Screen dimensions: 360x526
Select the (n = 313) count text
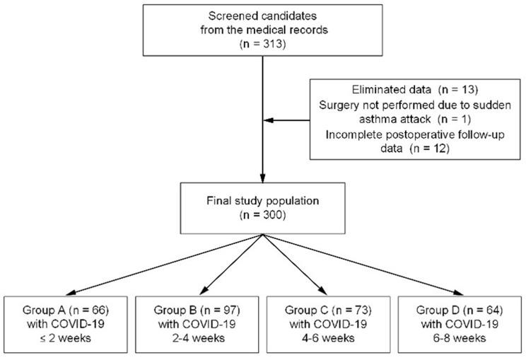coord(263,45)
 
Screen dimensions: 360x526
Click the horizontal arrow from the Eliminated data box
coord(290,120)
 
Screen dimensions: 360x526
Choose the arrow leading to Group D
coord(368,266)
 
